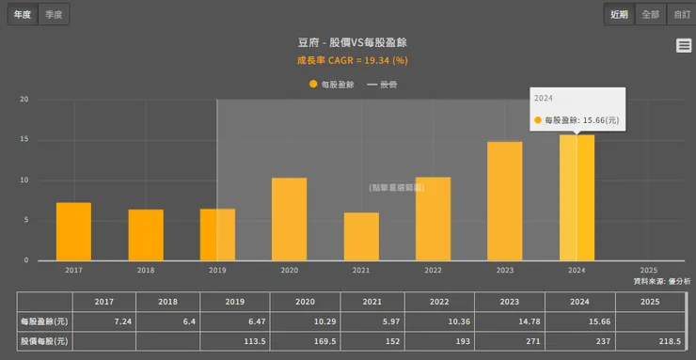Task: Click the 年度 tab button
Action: [x=22, y=14]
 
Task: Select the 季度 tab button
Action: [x=55, y=14]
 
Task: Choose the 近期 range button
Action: [x=618, y=14]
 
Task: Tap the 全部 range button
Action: [x=650, y=14]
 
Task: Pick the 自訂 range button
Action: [x=681, y=14]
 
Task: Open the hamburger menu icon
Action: [x=684, y=46]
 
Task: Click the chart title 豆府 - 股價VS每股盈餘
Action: [x=352, y=42]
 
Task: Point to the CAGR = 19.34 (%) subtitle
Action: [x=352, y=60]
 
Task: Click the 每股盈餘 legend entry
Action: [x=331, y=85]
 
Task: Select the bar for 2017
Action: [x=73, y=231]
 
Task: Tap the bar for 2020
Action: [x=289, y=219]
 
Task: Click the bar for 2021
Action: [x=361, y=236]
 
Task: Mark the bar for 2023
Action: [x=505, y=201]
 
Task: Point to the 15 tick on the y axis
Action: [x=24, y=140]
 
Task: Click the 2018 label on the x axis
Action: [x=146, y=270]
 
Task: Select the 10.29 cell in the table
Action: [x=304, y=321]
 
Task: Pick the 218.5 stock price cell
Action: [x=650, y=341]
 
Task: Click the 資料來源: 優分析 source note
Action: [x=662, y=280]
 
